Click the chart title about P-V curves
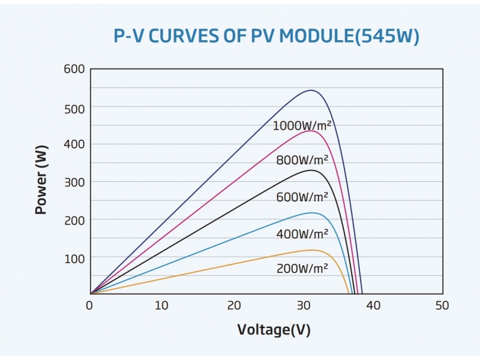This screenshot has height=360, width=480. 266,37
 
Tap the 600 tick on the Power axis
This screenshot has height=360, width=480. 74,69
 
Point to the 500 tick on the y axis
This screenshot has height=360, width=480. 74,107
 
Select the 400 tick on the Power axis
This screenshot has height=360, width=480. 74,144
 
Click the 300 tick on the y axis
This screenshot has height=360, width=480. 74,182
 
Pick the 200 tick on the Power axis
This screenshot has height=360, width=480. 74,220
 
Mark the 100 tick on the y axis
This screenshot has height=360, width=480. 74,257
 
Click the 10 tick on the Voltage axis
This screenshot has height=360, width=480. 161,305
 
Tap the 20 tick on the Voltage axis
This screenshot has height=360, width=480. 232,305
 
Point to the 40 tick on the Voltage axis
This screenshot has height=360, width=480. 373,305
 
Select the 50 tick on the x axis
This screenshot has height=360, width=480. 442,305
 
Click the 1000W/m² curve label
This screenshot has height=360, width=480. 302,126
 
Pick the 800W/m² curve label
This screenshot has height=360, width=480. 302,161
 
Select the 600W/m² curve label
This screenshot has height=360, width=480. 302,197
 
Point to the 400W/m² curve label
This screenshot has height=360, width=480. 302,234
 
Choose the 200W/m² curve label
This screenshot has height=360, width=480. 302,269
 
